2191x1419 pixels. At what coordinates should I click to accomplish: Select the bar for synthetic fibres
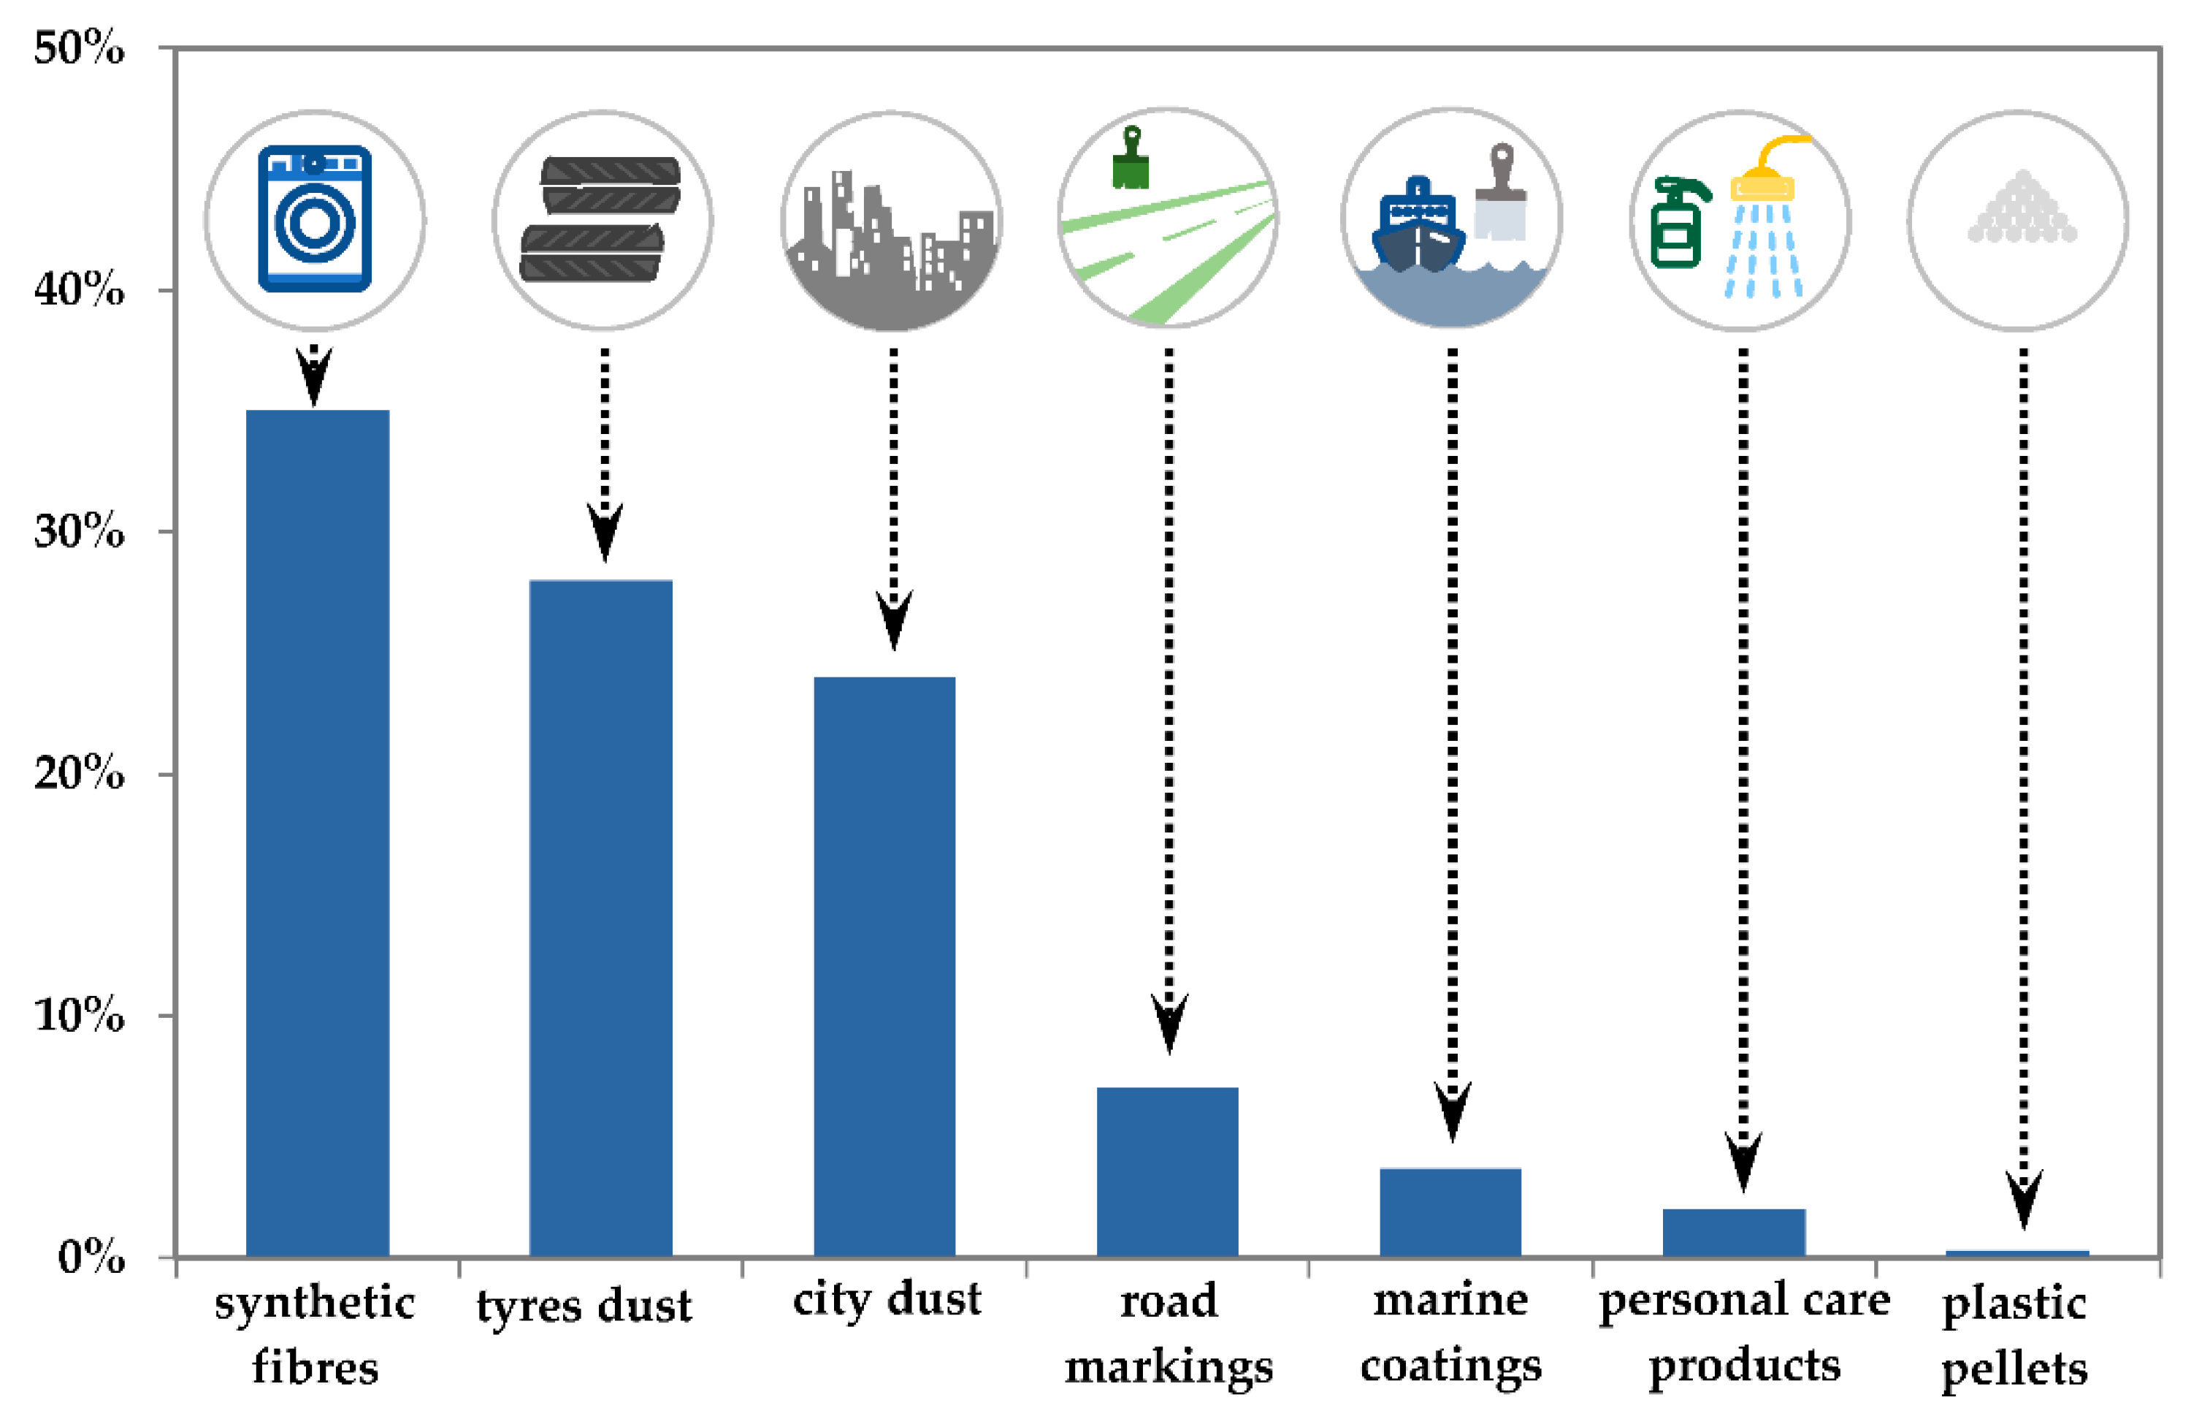coord(318,833)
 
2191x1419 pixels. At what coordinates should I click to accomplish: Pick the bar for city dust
coord(884,967)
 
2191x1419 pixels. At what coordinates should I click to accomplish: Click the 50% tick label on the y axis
coord(79,48)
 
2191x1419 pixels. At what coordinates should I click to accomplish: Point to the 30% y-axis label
coord(79,531)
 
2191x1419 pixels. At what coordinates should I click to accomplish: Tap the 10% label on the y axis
coord(79,1016)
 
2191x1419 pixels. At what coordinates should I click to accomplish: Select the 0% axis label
coord(91,1257)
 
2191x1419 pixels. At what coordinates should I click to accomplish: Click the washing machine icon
coord(315,219)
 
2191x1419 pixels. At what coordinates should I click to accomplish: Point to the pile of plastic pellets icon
coord(2022,210)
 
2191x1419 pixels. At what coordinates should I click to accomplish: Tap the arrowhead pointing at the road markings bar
coord(1169,1023)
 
